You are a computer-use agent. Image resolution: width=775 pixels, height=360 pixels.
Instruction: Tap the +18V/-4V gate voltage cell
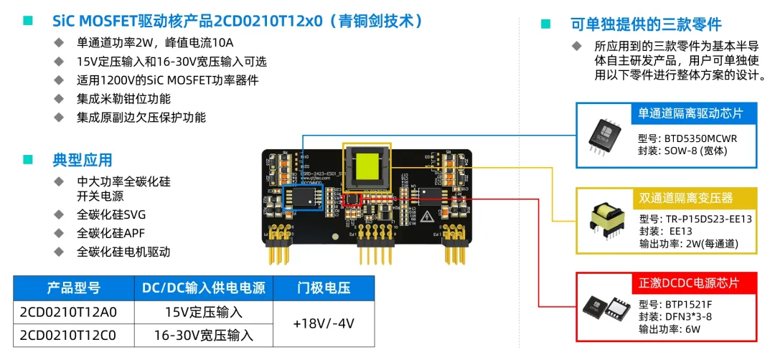(x=324, y=323)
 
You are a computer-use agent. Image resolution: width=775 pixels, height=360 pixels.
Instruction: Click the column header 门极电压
(x=324, y=288)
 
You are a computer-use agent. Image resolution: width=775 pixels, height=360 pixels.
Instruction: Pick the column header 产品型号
(x=73, y=288)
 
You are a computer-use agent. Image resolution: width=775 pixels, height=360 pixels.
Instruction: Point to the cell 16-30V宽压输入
(x=203, y=335)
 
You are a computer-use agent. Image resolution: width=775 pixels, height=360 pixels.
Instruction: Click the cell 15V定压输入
(x=203, y=312)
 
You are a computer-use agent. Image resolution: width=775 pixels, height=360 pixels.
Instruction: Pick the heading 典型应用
(x=82, y=160)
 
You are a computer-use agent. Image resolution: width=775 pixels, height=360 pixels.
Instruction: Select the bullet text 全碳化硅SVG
(x=111, y=214)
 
